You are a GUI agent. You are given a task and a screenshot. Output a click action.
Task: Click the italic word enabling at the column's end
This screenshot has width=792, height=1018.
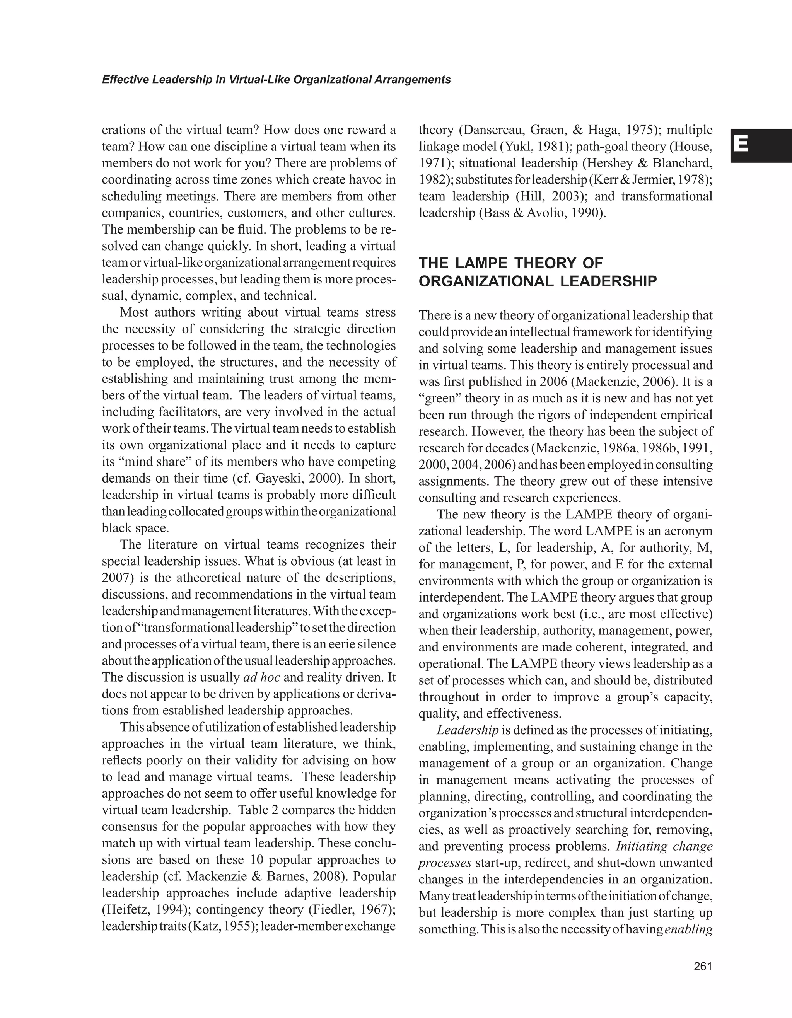click(688, 929)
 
